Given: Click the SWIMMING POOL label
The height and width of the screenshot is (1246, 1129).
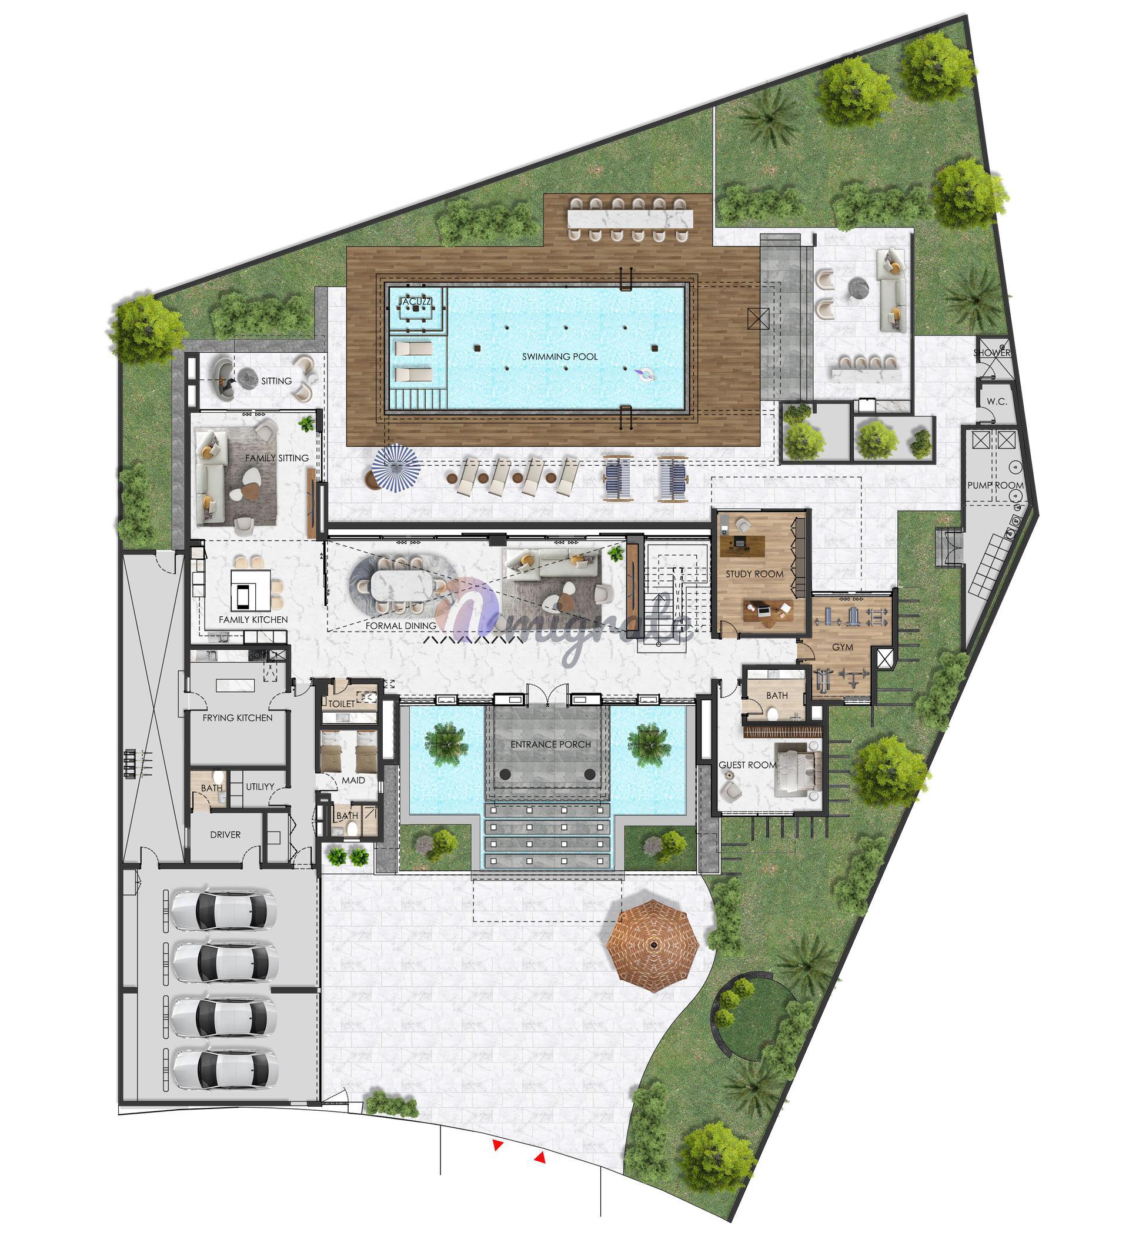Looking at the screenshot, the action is coord(560,356).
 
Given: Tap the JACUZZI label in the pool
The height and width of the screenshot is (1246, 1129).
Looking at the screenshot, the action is coord(415,302).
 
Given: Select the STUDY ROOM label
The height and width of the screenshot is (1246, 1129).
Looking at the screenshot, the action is coord(754,574).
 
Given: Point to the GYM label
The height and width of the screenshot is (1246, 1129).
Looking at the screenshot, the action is coord(842,647).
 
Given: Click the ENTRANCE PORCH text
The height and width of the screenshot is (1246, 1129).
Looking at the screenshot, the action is coord(550,744).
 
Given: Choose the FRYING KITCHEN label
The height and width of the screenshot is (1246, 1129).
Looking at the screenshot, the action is coord(238,717).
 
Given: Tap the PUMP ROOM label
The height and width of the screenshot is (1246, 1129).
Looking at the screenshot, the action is coord(995,485).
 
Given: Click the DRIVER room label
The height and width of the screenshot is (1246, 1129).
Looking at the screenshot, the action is coord(225,834).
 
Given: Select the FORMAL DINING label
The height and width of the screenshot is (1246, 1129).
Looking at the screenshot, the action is coord(400,626).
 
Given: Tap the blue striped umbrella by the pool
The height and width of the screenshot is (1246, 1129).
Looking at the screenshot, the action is coord(396,467).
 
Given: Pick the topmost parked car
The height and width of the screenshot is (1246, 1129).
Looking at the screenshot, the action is coord(223,910).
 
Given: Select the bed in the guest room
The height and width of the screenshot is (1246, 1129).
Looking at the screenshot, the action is coord(798,770).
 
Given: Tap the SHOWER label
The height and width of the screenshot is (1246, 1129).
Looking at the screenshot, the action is coord(992,353).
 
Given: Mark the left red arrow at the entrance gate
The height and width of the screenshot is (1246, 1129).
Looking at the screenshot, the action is coord(497,1145).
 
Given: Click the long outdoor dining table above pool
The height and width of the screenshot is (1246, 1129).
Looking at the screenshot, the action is coord(630,219).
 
